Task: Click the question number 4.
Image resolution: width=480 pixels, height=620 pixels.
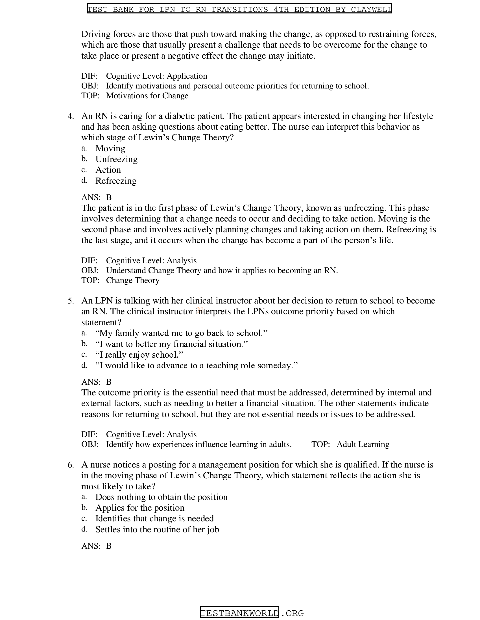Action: click(71, 116)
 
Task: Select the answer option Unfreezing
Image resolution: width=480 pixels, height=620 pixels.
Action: click(116, 159)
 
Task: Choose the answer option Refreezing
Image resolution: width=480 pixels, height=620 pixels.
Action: click(116, 181)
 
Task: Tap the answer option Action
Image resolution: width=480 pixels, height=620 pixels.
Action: click(108, 170)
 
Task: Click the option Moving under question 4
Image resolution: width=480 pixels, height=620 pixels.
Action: click(110, 148)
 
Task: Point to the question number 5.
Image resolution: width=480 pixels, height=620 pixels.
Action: click(71, 301)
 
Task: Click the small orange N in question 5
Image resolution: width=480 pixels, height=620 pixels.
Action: click(200, 309)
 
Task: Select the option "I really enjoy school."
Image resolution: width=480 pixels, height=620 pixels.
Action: click(139, 355)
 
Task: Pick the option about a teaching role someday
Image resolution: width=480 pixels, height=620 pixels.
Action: click(196, 365)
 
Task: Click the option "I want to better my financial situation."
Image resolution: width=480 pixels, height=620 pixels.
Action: click(171, 344)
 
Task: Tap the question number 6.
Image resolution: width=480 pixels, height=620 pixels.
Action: click(71, 465)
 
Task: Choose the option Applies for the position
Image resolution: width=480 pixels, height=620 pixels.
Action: click(139, 508)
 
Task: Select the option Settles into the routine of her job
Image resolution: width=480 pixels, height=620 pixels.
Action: click(157, 529)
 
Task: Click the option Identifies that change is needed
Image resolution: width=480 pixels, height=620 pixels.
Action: click(154, 518)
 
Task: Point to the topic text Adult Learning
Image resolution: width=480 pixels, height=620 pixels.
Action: click(363, 444)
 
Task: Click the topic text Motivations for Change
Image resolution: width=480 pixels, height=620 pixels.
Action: click(147, 96)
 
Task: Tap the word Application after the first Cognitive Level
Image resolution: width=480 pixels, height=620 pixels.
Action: click(187, 76)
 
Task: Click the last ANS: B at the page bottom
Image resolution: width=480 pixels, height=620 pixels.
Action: click(96, 546)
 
